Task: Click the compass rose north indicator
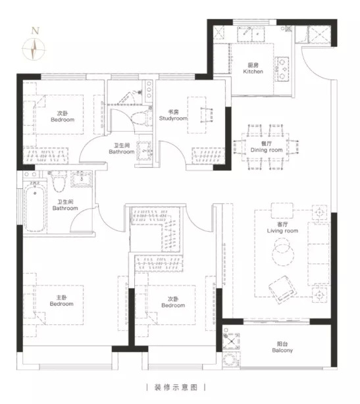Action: point(34,49)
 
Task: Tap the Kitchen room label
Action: point(253,68)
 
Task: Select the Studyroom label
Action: point(173,115)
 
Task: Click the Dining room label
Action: point(266,147)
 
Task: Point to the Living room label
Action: point(282,228)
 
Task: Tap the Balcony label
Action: point(282,347)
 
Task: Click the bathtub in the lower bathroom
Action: point(35,207)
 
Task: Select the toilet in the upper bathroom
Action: point(141,118)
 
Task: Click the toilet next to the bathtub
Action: point(59,182)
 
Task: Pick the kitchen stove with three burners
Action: point(282,69)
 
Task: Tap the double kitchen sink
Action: point(251,34)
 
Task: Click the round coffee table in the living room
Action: point(283,252)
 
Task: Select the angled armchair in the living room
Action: point(282,289)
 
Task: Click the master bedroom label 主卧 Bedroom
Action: point(61,301)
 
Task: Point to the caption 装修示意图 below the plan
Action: point(176,388)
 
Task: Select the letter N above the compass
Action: point(35,31)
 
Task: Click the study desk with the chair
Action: point(200,115)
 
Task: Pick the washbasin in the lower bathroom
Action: point(82,178)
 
